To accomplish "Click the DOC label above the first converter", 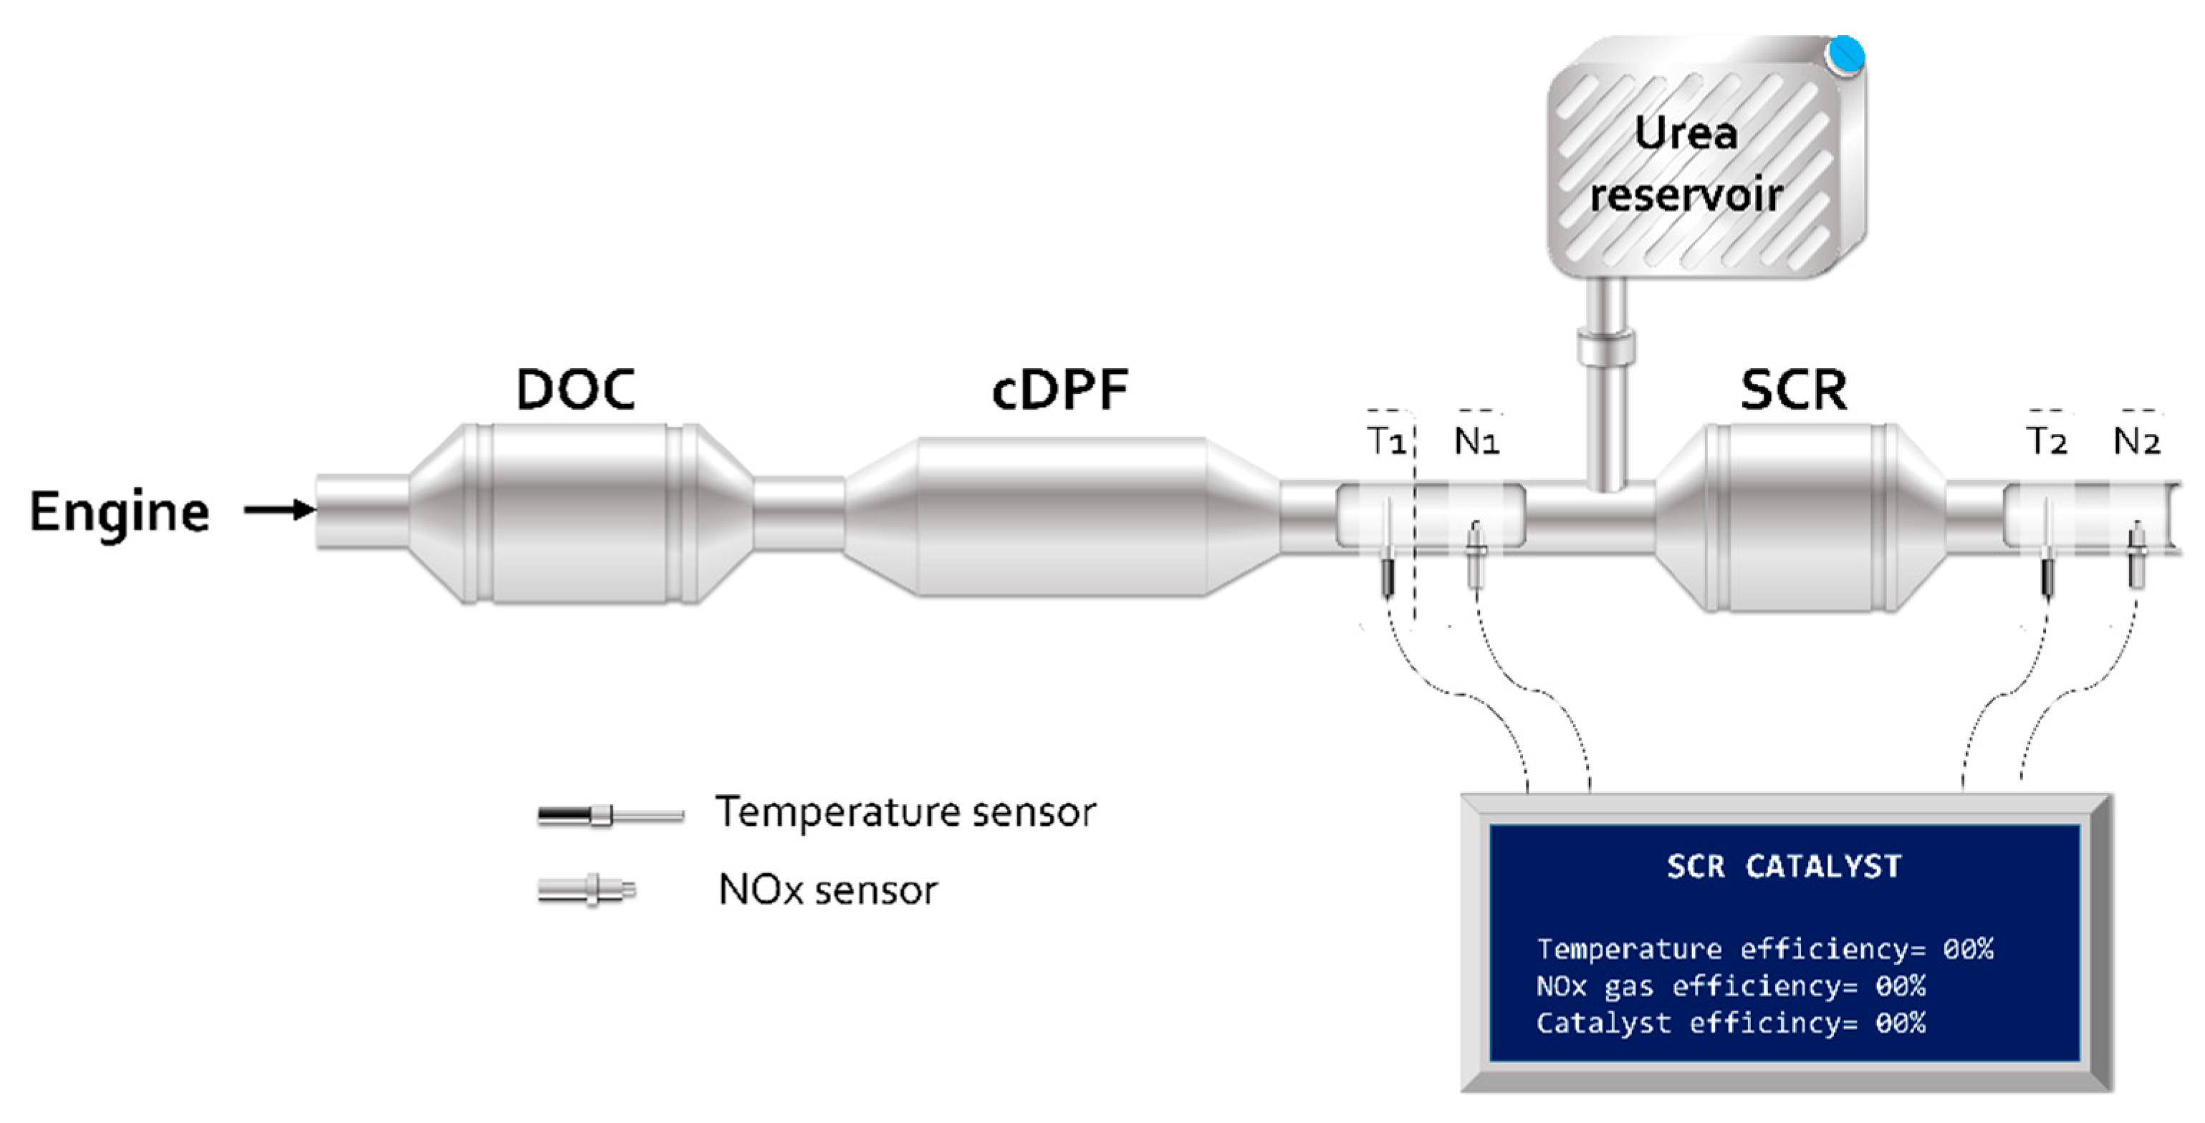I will [x=575, y=390].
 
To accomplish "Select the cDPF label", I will [x=1060, y=390].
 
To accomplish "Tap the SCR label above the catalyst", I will [x=1793, y=390].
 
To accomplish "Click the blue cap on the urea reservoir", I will [x=1845, y=54].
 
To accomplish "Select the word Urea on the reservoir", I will [x=1686, y=132].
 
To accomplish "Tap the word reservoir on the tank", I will [x=1686, y=195].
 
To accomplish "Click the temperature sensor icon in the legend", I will [x=610, y=815].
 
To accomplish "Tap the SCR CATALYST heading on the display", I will [x=1784, y=867].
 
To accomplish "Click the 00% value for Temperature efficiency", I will [x=1968, y=949].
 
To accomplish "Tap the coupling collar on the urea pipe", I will [x=1607, y=347].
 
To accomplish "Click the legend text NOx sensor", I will [x=827, y=890].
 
